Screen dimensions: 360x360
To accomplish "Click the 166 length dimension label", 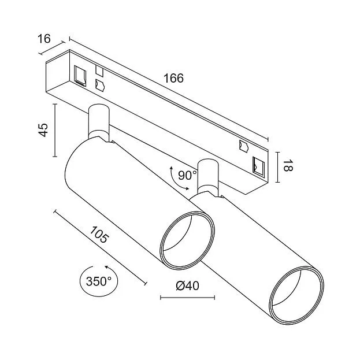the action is pos(173,79).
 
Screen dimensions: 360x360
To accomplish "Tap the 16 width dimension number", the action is pos(44,39).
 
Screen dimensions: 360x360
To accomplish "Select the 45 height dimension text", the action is pos(43,130).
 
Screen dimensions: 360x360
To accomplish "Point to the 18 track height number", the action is pos(287,166).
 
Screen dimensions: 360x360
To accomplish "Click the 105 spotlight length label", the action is pos(99,235).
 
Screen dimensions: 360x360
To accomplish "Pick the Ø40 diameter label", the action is pos(187,286).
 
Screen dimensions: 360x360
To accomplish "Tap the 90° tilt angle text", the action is pos(187,176).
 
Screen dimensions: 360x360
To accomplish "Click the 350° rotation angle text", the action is pos(99,281).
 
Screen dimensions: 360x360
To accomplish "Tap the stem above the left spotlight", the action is pos(99,121).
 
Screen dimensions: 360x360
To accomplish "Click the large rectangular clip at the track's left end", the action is pos(80,76).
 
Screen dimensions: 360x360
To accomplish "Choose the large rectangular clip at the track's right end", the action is pos(258,167).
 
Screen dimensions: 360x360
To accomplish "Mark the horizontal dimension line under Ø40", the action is pos(187,298).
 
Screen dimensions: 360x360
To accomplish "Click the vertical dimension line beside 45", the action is pos(55,130).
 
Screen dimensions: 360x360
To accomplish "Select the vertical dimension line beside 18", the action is pos(278,167).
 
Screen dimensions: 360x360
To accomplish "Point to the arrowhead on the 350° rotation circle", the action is pos(106,267).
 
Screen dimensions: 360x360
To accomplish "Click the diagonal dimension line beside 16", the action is pos(51,48).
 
